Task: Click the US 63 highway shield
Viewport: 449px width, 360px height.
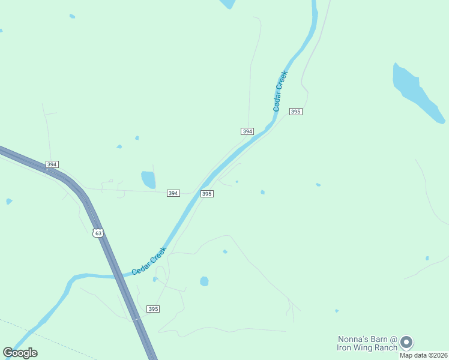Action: click(98, 233)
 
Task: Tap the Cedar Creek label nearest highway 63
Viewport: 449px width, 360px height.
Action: click(148, 262)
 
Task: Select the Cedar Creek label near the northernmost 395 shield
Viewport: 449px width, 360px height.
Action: click(280, 91)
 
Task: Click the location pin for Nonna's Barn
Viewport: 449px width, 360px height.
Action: click(406, 342)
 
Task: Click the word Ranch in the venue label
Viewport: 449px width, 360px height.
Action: click(385, 347)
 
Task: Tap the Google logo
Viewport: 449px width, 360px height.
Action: click(20, 352)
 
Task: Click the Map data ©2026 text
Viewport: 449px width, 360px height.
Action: click(423, 355)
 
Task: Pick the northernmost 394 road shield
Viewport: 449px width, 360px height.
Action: click(247, 131)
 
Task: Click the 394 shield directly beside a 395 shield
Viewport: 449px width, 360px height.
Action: click(173, 193)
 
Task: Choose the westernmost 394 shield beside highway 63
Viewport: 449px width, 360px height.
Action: click(52, 164)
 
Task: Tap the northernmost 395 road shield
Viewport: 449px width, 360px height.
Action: click(295, 112)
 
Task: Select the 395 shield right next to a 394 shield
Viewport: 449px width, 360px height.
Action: click(206, 194)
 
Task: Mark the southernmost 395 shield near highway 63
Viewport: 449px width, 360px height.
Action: click(153, 308)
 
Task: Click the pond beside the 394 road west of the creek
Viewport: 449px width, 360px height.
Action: click(148, 179)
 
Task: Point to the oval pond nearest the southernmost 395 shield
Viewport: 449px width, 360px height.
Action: click(204, 281)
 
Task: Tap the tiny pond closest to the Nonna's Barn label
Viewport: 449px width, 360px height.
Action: click(336, 311)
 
